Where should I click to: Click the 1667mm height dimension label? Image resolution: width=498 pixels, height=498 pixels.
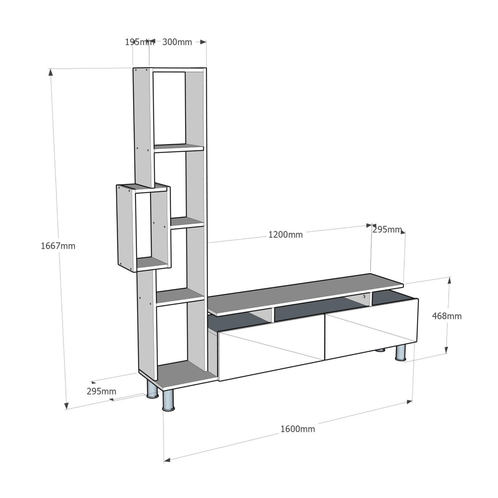58,246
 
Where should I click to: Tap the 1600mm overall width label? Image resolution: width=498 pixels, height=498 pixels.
298,429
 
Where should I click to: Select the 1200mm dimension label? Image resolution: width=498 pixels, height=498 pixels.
285,235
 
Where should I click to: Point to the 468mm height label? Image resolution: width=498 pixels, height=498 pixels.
447,316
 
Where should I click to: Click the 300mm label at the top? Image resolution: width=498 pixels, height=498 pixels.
177,42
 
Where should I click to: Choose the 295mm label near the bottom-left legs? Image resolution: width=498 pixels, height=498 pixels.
101,391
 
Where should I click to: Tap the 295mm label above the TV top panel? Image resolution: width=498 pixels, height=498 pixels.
387,229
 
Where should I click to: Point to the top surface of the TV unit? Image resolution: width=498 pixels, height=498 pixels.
304,294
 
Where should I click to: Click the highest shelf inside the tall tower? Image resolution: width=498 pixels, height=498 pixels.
178,148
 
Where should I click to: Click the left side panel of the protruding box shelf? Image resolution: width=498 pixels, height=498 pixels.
125,228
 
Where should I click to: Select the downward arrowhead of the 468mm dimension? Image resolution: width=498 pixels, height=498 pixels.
446,350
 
